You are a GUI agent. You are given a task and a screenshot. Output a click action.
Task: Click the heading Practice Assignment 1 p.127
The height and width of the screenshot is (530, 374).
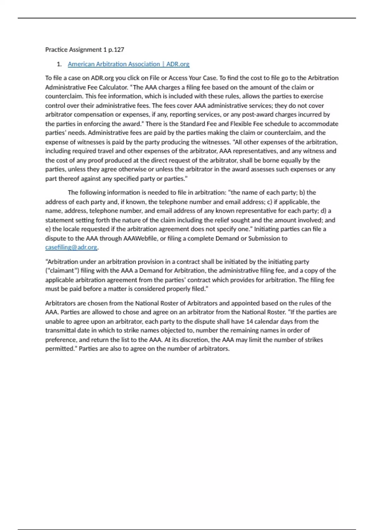(x=84, y=50)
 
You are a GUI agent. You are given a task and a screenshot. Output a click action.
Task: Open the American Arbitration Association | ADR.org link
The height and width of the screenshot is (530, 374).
(x=128, y=64)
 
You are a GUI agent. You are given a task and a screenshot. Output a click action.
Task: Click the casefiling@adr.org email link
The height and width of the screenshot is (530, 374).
(x=71, y=247)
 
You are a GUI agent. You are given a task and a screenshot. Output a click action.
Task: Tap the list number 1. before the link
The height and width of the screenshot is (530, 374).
(x=59, y=64)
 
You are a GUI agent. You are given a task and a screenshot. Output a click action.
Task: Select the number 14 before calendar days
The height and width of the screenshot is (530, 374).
(x=249, y=321)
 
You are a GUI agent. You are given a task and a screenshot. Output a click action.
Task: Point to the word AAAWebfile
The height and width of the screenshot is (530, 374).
(x=141, y=238)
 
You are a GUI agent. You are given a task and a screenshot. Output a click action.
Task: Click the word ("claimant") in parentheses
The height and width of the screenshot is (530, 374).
(x=62, y=271)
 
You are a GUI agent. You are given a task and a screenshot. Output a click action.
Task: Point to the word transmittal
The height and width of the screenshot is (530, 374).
(x=61, y=330)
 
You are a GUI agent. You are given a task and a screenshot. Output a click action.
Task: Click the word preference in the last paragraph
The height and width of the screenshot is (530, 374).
(x=60, y=340)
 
